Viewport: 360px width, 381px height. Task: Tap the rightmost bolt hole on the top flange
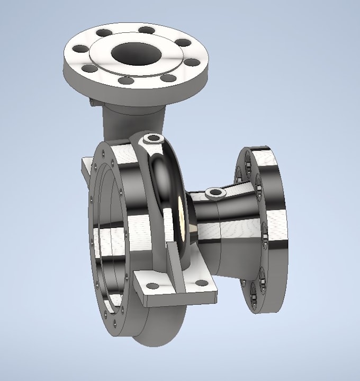(x=193, y=62)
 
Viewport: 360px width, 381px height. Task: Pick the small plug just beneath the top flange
(x=92, y=100)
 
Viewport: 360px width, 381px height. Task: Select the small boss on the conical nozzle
(x=214, y=192)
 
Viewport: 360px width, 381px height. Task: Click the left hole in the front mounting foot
(x=152, y=286)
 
